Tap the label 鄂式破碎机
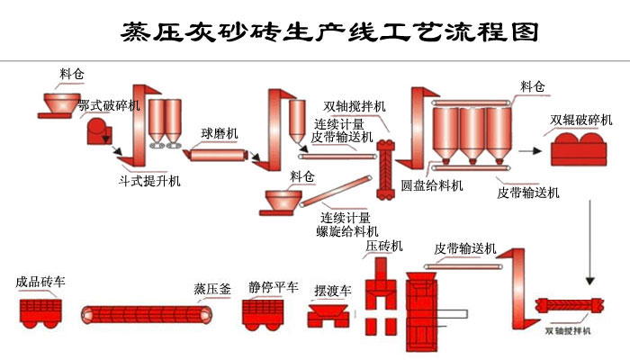coord(109,106)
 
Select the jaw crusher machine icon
coord(97,133)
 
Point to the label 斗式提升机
coord(149,181)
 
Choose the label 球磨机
coord(220,133)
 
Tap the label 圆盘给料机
coord(432,185)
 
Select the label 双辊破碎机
coord(581,119)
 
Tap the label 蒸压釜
coord(212,289)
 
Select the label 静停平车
coord(273,288)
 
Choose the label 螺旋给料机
coord(345,230)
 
